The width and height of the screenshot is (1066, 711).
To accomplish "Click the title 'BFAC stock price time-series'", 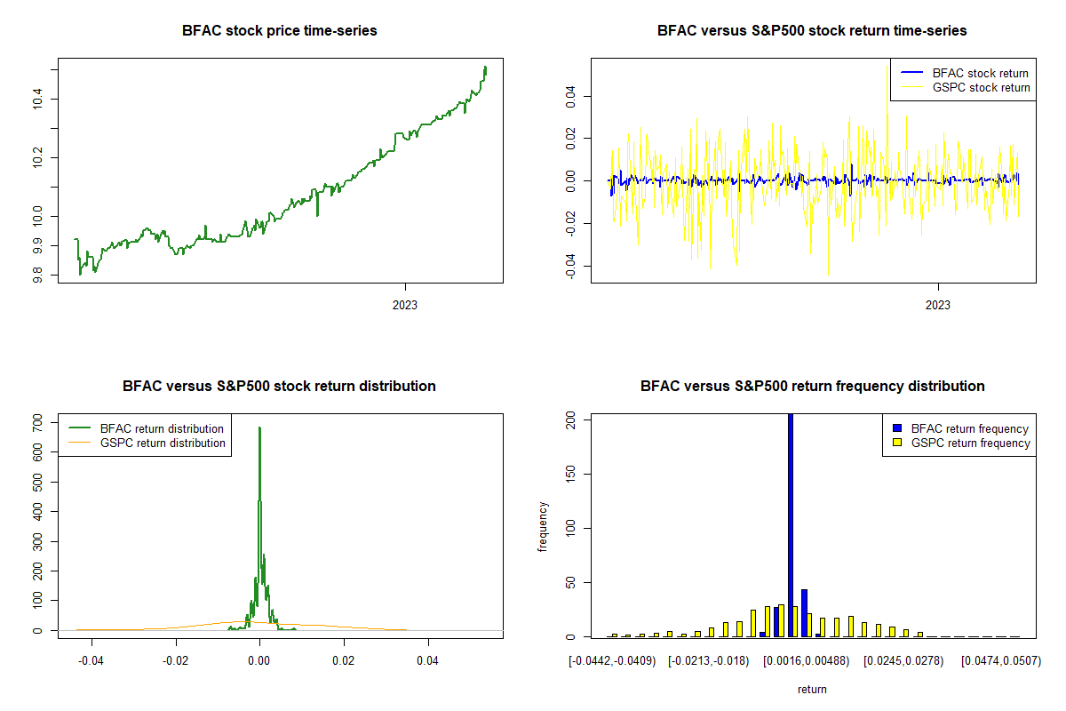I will tap(279, 31).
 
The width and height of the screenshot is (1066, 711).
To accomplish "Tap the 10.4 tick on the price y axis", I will tap(36, 99).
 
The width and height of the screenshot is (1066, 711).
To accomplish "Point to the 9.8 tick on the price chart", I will tap(36, 276).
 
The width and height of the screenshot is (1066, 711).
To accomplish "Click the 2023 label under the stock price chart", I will tap(405, 305).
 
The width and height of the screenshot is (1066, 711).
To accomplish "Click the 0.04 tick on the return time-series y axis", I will tap(569, 95).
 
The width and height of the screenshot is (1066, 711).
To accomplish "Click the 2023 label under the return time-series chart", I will tap(938, 305).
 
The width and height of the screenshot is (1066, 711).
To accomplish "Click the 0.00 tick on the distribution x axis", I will tap(259, 661).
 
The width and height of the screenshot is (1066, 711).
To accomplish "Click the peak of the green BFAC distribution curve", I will tap(259, 427).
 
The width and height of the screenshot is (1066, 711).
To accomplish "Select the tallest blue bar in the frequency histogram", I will tap(791, 524).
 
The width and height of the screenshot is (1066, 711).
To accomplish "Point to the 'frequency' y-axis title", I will tap(544, 527).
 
